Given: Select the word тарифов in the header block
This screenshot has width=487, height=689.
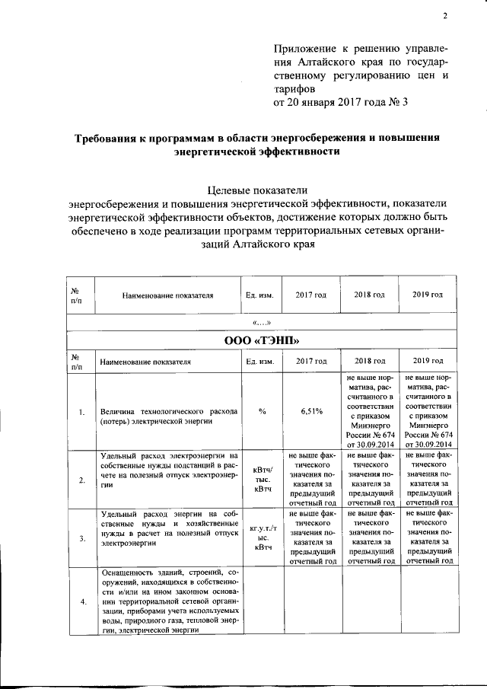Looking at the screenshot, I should pyautogui.click(x=293, y=88).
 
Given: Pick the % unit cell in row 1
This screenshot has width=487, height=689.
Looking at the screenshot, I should pyautogui.click(x=262, y=411).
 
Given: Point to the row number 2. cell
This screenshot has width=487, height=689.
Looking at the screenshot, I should pyautogui.click(x=80, y=479).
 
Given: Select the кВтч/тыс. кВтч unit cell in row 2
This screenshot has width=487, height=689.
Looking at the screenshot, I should pyautogui.click(x=262, y=479).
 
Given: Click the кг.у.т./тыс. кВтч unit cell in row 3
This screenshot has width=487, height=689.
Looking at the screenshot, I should pyautogui.click(x=262, y=536).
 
